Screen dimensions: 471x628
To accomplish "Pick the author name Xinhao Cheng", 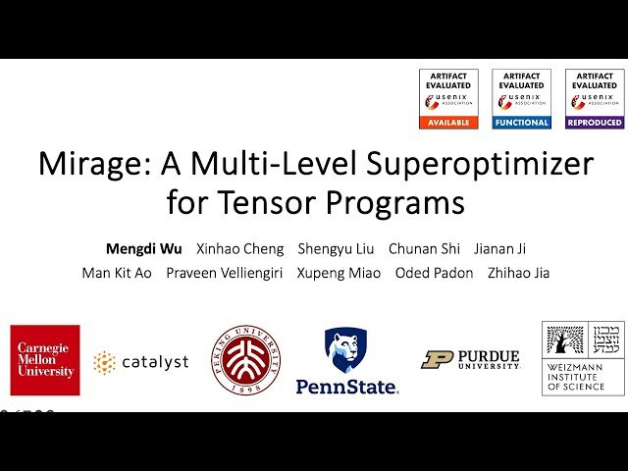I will (x=239, y=248).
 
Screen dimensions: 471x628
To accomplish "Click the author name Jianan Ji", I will (x=500, y=248).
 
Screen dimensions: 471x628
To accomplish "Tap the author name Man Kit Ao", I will (x=117, y=273).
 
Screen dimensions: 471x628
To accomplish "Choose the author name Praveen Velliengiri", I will (x=224, y=273).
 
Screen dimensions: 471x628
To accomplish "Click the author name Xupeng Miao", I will (x=338, y=273).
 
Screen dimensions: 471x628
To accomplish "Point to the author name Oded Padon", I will (x=434, y=273).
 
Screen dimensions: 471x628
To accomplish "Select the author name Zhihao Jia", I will (x=518, y=273).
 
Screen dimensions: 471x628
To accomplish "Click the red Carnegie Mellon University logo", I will (x=45, y=360).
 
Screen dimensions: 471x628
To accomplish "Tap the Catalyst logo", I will (x=141, y=363).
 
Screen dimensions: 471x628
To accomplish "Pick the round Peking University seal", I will (x=246, y=360).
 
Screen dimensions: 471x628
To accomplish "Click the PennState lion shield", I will (x=345, y=350).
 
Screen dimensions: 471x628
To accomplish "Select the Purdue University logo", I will (x=470, y=360).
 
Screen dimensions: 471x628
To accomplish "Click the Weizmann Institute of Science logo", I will (x=583, y=358).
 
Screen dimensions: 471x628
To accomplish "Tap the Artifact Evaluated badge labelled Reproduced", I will (x=594, y=98).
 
